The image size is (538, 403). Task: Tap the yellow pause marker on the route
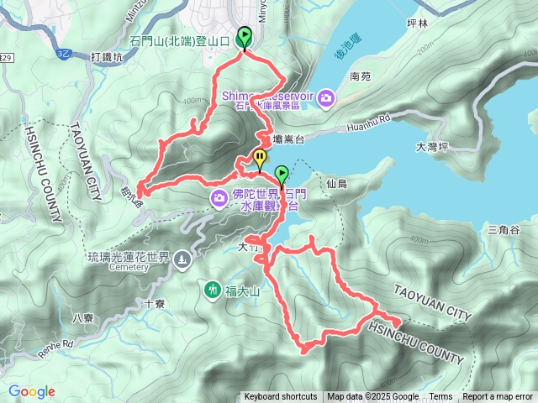coord(261,157)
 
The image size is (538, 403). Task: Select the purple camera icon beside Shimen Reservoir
coord(325,98)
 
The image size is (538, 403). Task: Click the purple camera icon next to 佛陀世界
coord(219,197)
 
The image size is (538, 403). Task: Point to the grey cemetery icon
coord(182,260)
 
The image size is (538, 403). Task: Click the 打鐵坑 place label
coord(106,57)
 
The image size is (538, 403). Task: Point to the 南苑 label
coord(360,76)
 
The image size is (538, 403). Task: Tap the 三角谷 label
coord(504,230)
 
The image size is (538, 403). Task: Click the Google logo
coord(32,391)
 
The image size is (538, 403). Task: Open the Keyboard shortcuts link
coord(281,397)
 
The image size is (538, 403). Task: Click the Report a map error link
coord(498,397)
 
